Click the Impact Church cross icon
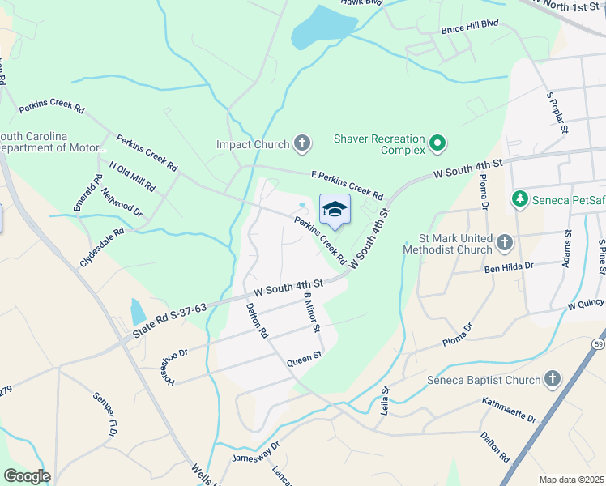[x=302, y=144]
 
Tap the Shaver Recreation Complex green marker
[x=438, y=144]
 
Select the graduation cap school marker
[x=335, y=210]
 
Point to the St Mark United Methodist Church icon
[x=504, y=243]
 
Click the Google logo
[x=27, y=476]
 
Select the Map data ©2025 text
[x=571, y=480]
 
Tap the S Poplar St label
[x=557, y=112]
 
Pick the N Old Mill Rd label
[x=132, y=179]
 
